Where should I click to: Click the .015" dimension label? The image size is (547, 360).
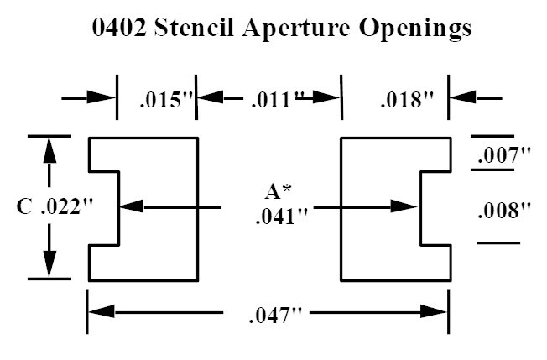(x=165, y=101)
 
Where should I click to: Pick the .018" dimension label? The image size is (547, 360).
(x=406, y=101)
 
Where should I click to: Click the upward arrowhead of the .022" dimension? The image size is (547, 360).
(x=50, y=149)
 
